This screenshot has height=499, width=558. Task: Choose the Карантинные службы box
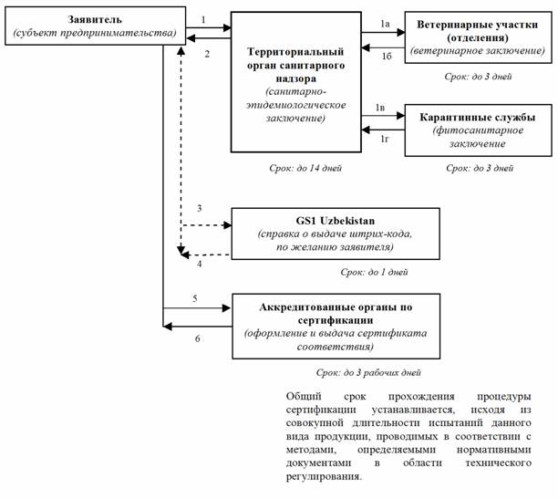click(477, 130)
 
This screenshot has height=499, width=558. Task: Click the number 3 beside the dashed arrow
click(199, 210)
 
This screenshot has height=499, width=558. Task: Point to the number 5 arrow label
click(195, 298)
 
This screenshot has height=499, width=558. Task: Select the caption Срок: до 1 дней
click(374, 272)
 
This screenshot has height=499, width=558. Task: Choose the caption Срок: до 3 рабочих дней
click(368, 373)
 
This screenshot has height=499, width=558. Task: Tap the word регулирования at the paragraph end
click(324, 476)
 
